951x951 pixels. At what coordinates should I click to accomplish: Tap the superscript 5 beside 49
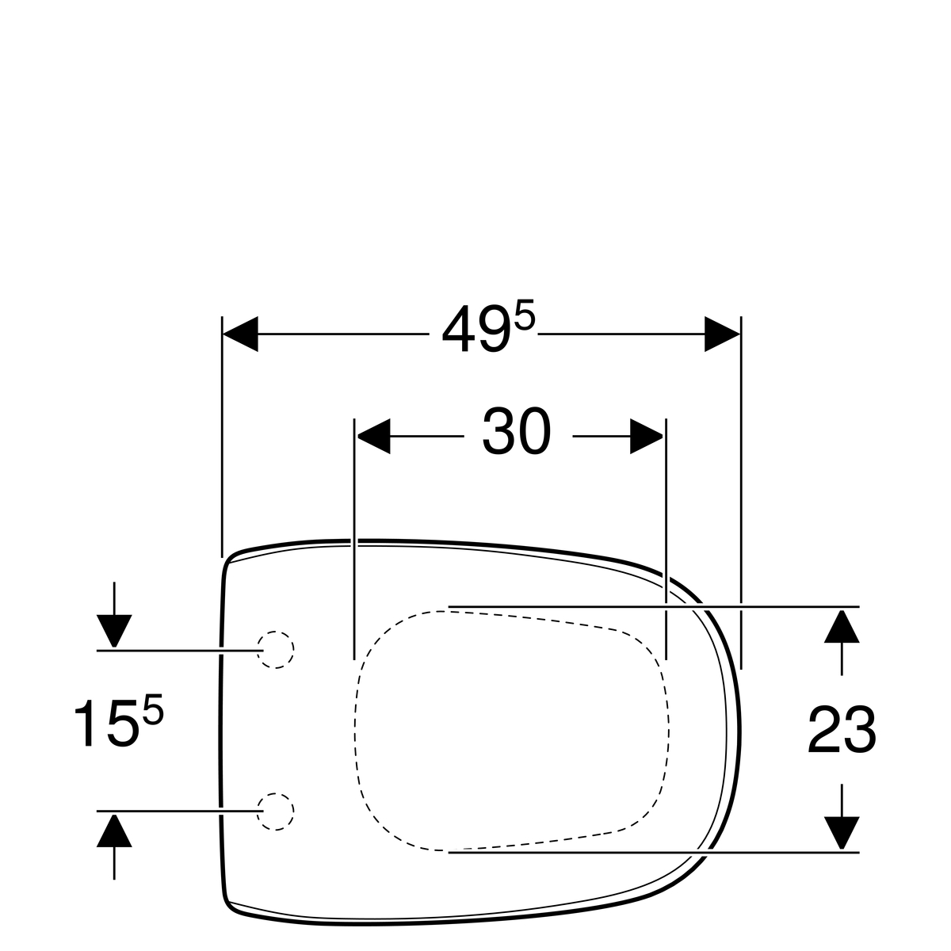[524, 317]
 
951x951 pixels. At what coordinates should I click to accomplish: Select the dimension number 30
[516, 431]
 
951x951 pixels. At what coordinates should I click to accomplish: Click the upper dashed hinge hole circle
[275, 650]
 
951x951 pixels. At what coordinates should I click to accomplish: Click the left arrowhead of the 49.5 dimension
[240, 334]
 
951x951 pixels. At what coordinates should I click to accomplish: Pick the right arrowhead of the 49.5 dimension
[722, 334]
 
